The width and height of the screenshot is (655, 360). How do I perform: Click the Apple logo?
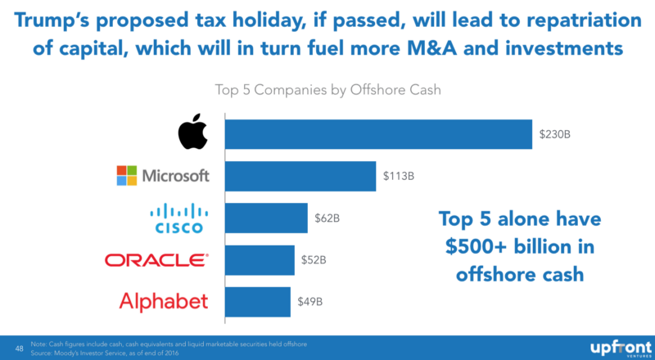pyautogui.click(x=192, y=133)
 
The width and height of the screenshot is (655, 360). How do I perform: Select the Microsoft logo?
pyautogui.click(x=163, y=175)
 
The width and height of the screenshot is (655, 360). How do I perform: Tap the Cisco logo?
pyautogui.click(x=174, y=218)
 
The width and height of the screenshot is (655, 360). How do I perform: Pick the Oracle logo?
pyautogui.click(x=156, y=260)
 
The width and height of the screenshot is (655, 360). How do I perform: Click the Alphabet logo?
pyautogui.click(x=163, y=301)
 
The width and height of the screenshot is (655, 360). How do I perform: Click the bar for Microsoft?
pyautogui.click(x=300, y=175)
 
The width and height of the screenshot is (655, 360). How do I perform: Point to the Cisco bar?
pyautogui.click(x=266, y=218)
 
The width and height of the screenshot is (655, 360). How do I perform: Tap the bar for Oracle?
pyautogui.click(x=260, y=260)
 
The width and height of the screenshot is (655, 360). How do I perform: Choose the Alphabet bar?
pyautogui.click(x=257, y=301)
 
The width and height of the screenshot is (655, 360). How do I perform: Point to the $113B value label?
pyautogui.click(x=399, y=175)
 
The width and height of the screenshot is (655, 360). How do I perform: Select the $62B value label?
pyautogui.click(x=327, y=218)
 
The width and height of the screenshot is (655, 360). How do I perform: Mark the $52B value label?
pyautogui.click(x=314, y=260)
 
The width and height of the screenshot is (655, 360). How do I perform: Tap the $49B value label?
pyautogui.click(x=309, y=301)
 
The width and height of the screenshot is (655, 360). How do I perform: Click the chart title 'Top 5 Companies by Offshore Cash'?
pyautogui.click(x=327, y=89)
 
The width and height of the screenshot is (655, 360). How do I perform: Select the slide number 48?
pyautogui.click(x=19, y=347)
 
